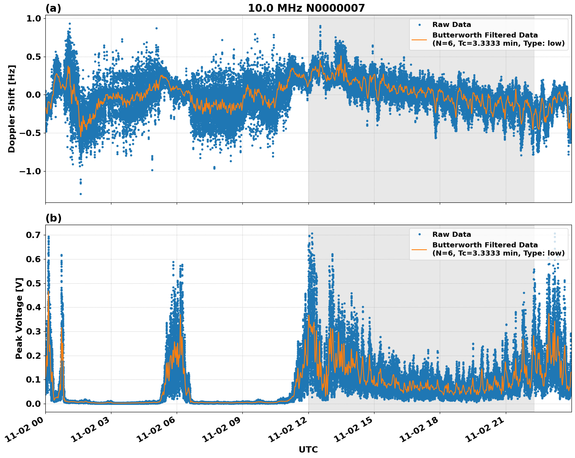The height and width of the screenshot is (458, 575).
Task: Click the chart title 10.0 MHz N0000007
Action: (306, 8)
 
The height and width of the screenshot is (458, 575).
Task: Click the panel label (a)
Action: (53, 8)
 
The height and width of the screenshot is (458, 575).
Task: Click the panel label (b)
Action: (53, 218)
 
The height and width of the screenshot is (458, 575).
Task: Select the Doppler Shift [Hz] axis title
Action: (12, 109)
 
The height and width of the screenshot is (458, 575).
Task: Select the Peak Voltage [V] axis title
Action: (19, 318)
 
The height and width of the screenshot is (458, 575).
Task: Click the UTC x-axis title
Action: (308, 449)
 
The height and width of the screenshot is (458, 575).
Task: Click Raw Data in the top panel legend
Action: (451, 25)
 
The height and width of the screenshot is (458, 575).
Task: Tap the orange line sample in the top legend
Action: (419, 39)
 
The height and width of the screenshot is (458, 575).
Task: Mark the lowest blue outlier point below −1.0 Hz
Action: (81, 194)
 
